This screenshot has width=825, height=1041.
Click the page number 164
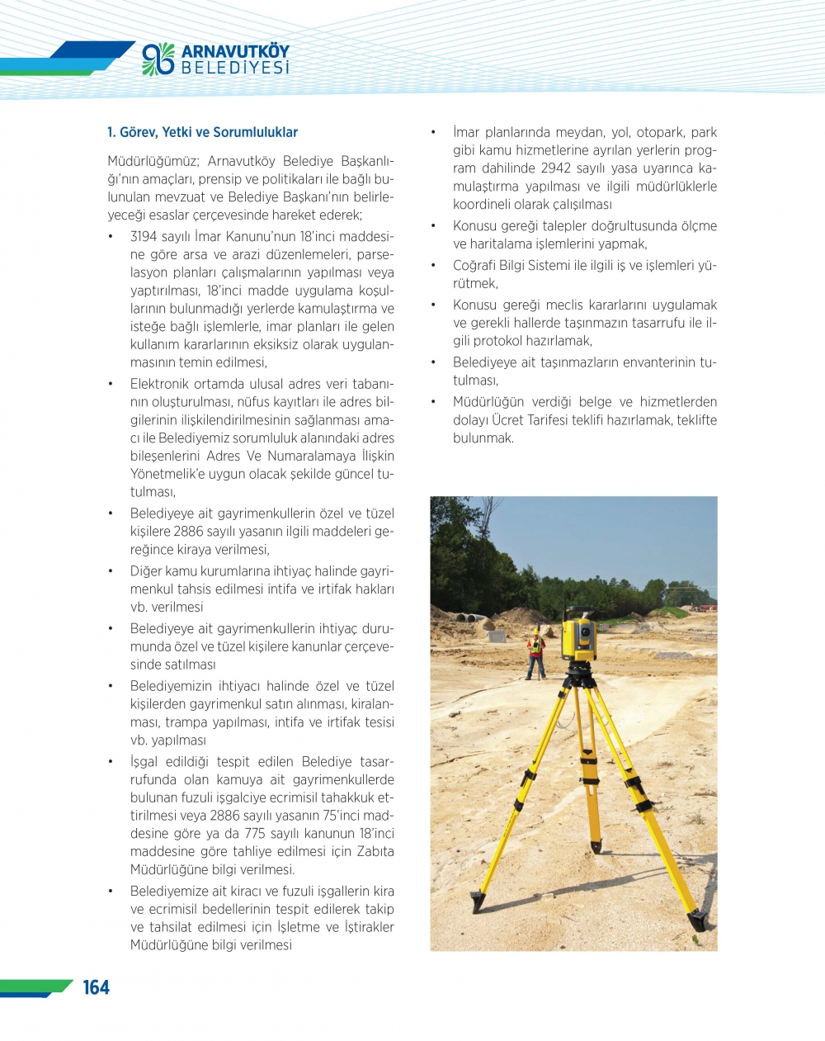click(96, 987)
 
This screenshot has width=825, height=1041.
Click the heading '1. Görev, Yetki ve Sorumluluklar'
click(202, 132)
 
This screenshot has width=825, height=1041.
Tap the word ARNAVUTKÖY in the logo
click(235, 51)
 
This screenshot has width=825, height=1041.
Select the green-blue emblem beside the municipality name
click(158, 59)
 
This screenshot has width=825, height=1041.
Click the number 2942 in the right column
click(551, 168)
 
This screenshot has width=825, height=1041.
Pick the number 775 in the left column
click(255, 834)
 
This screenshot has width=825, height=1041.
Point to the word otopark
click(659, 132)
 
